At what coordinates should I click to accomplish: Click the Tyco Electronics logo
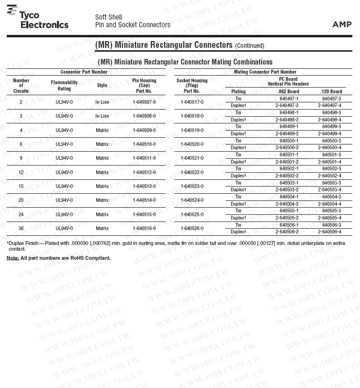(38, 20)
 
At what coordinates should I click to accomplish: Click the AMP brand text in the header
(342, 24)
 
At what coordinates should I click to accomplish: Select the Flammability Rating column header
(64, 86)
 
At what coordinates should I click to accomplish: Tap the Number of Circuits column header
(21, 86)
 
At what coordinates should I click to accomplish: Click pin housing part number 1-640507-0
(144, 102)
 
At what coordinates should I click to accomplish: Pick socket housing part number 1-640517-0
(192, 102)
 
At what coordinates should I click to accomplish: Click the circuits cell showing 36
(21, 228)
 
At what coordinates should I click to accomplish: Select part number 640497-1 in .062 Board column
(289, 99)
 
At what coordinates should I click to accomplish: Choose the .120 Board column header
(331, 91)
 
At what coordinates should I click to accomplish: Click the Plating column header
(238, 91)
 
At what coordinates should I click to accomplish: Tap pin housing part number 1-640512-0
(144, 172)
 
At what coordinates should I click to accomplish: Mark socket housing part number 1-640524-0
(192, 200)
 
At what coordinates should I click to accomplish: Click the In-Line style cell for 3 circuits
(102, 116)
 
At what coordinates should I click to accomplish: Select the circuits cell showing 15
(21, 186)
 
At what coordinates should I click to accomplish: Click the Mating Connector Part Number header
(265, 72)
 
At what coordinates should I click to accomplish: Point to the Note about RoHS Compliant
(58, 258)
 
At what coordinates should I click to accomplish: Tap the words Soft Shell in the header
(108, 17)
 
